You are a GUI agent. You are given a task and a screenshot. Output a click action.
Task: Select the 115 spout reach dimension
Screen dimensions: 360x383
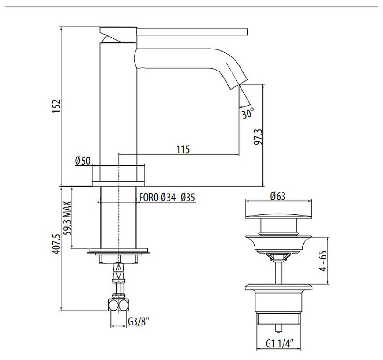pos(183,149)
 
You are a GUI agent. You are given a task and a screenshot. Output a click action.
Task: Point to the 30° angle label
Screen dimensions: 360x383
pos(248,113)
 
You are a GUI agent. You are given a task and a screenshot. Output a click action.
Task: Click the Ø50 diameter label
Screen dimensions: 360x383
pos(82,161)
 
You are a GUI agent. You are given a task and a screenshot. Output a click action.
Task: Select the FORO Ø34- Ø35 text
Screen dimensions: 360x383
pos(167,198)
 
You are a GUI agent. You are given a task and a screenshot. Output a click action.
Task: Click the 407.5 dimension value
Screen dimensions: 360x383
pos(56,244)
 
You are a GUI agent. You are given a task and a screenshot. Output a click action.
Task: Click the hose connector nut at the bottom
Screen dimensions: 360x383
pos(119,305)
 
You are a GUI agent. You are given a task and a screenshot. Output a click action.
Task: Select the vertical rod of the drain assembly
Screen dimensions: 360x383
pos(279,271)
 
